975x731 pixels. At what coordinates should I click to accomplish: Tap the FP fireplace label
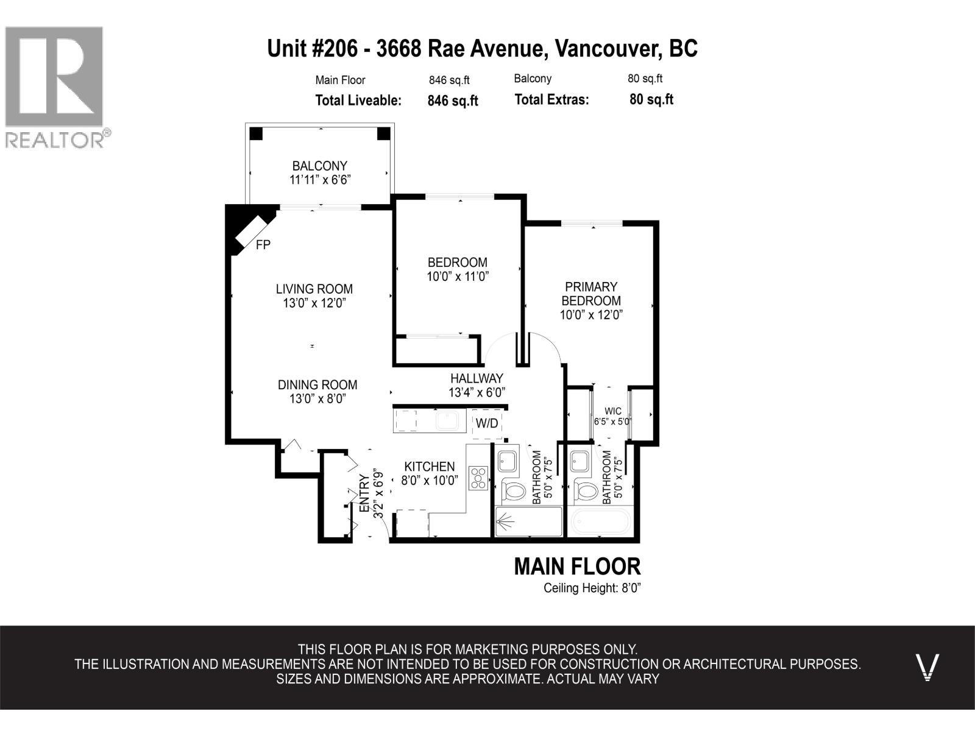(263, 245)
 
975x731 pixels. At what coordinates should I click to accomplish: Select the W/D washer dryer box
(487, 423)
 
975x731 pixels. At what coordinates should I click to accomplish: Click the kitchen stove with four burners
(478, 478)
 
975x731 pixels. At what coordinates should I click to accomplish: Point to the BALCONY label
(319, 166)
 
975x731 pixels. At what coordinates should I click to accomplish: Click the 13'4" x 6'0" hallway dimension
(477, 393)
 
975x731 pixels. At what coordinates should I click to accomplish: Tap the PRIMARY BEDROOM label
(590, 294)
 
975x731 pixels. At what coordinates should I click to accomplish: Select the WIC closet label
(613, 411)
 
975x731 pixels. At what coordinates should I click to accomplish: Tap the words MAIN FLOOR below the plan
(577, 567)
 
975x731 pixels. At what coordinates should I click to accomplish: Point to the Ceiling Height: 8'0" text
(592, 588)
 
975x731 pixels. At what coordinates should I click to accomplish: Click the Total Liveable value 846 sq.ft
(453, 101)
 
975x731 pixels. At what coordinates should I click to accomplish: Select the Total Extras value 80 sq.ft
(651, 100)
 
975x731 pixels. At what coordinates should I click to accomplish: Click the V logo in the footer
(927, 667)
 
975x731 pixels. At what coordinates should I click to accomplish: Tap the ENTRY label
(364, 493)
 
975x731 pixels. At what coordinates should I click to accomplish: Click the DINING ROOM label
(317, 385)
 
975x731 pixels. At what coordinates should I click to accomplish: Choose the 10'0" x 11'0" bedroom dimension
(458, 277)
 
